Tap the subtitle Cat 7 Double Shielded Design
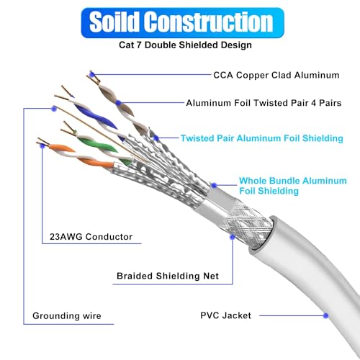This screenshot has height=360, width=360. (179, 45)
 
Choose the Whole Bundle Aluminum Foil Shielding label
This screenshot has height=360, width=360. (292, 185)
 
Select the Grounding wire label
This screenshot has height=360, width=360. (67, 315)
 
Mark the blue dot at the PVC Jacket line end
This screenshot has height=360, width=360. (327, 315)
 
